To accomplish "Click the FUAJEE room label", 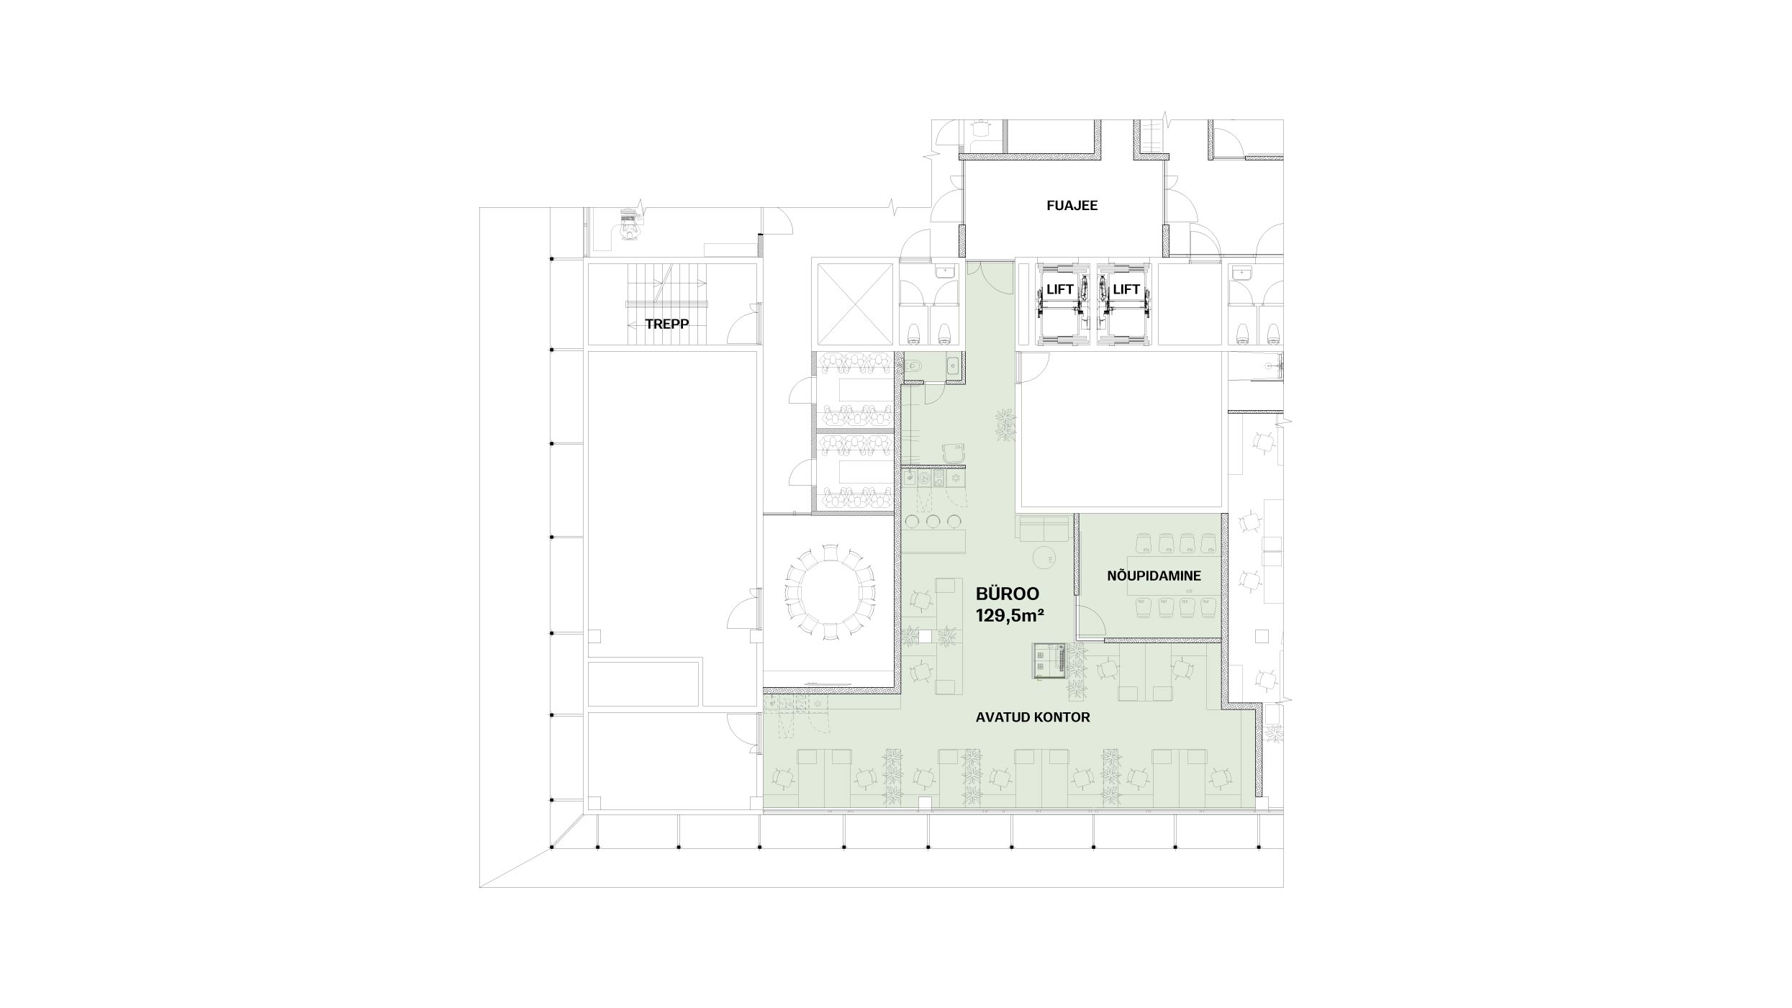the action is [x=1072, y=206].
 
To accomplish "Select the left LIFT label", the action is [x=1060, y=289].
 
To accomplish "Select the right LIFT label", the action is [x=1126, y=289].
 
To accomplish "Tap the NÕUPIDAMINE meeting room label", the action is [x=1154, y=576].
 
